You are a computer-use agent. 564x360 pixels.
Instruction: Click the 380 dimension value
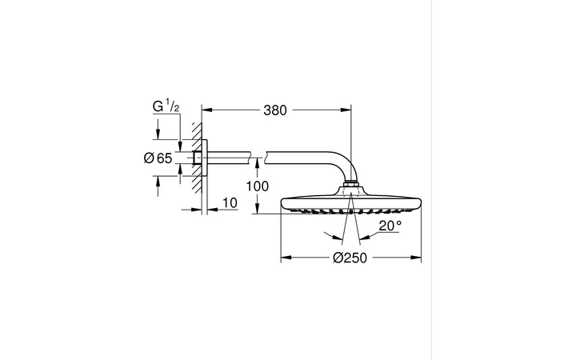274,110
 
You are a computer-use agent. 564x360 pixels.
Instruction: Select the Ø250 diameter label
350,258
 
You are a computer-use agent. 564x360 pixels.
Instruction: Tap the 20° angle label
390,226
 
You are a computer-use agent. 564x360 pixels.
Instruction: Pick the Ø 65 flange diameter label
158,158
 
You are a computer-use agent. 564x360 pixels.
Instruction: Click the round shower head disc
350,201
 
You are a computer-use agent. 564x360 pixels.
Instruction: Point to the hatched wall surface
194,158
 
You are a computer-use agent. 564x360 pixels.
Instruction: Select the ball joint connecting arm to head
350,189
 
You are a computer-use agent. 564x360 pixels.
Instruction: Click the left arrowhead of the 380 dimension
204,110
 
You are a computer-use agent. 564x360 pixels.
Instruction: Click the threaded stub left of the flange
197,158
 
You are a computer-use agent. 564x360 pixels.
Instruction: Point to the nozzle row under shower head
350,211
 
